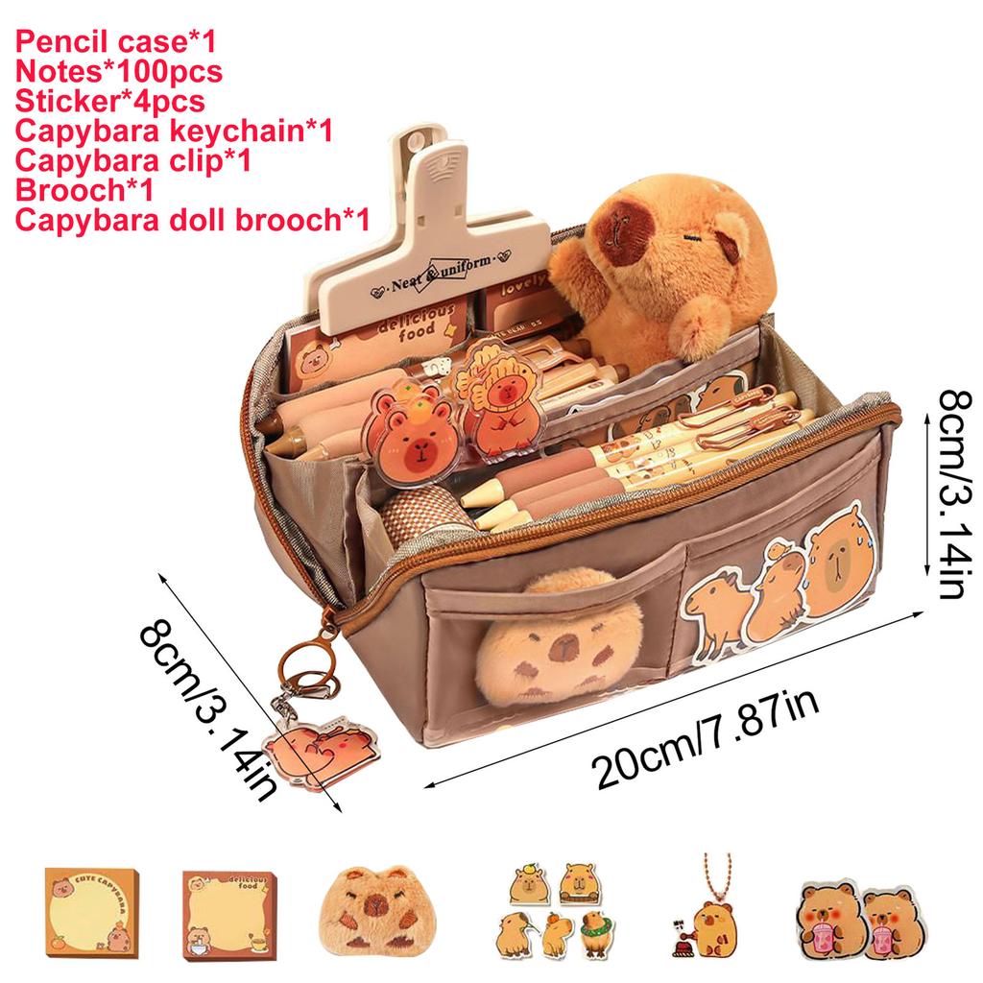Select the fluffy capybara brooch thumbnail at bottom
(369, 906)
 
